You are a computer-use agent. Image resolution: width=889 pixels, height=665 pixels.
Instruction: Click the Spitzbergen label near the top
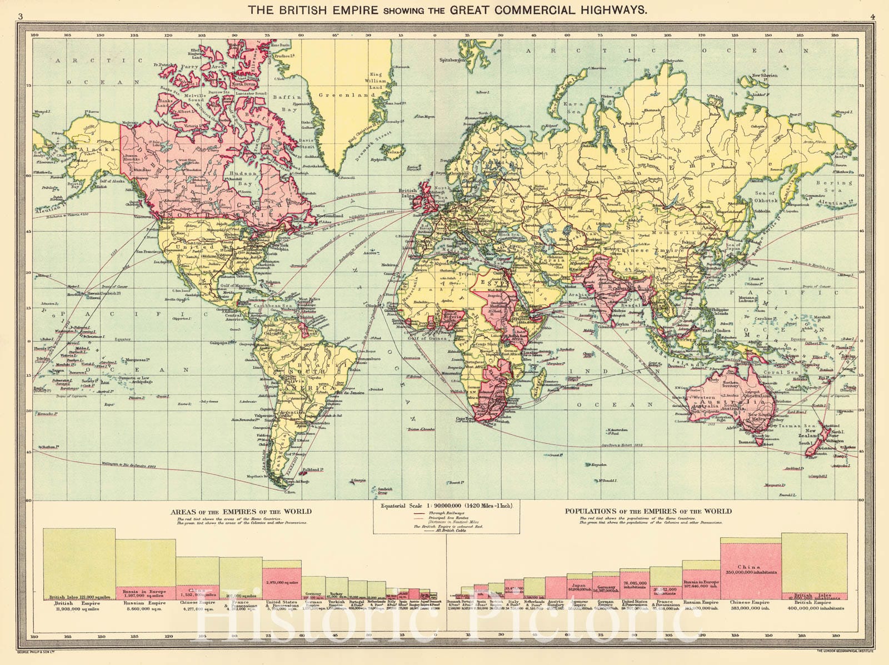pos(451,59)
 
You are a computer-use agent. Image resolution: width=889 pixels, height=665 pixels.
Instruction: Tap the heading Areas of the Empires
pos(241,511)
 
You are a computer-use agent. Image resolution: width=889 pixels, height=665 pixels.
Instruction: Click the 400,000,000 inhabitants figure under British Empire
pos(813,608)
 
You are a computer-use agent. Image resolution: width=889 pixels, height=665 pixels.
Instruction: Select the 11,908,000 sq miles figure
pos(74,608)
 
